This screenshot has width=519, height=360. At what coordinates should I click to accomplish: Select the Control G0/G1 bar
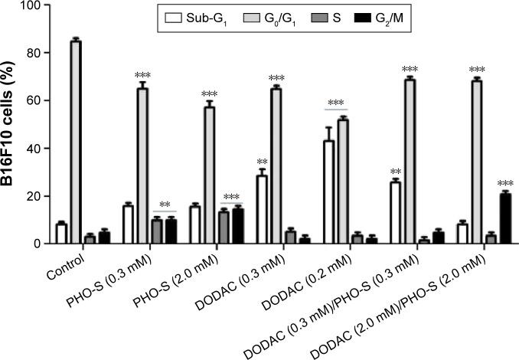(x=75, y=142)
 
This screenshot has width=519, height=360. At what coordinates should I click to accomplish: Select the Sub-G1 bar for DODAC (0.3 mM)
(x=261, y=210)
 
